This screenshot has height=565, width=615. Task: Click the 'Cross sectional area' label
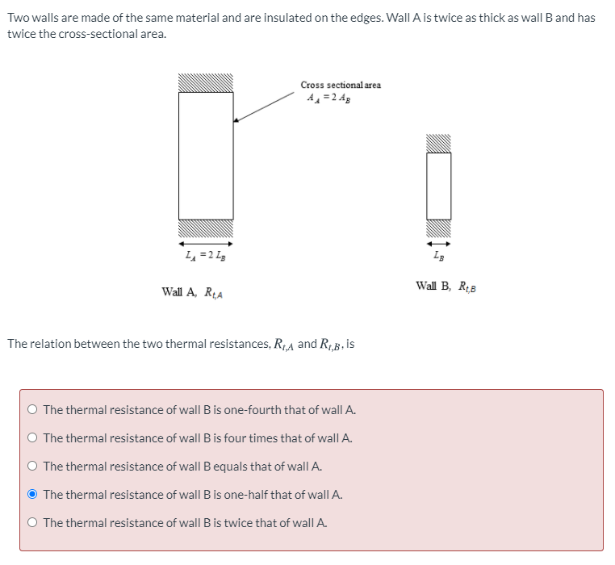341,85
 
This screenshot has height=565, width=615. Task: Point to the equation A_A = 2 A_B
329,98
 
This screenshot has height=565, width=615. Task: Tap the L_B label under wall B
439,256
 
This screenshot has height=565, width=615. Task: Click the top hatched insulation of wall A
206,83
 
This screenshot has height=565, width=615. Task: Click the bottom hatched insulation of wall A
206,229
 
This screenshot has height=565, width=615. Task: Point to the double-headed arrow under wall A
206,242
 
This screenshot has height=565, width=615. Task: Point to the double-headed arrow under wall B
439,242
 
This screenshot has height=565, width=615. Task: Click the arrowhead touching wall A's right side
236,120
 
